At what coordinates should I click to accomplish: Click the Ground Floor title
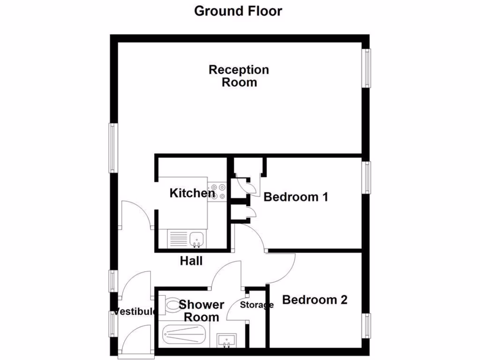[238, 11]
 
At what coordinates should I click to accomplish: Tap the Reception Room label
[239, 76]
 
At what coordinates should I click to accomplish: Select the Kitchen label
[192, 193]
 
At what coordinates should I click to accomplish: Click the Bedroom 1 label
[295, 197]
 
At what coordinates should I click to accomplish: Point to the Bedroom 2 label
[315, 300]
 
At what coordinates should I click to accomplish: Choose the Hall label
[191, 261]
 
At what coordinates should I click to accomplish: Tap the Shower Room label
[202, 311]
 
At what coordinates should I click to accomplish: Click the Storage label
[256, 305]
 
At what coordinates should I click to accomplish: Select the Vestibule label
[135, 312]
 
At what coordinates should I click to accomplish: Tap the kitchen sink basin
[197, 239]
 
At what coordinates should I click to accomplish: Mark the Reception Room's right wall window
[367, 68]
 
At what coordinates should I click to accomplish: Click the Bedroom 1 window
[367, 177]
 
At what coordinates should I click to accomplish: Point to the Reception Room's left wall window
[112, 148]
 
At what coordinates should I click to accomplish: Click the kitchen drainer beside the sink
[178, 239]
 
